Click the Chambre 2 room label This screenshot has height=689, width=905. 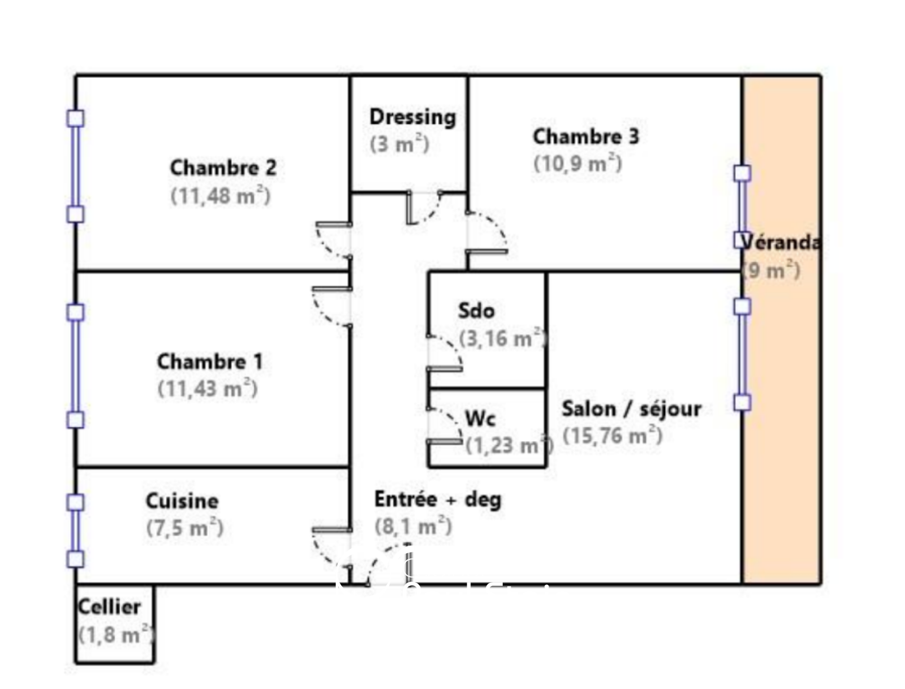(223, 168)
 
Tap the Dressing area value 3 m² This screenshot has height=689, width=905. (399, 144)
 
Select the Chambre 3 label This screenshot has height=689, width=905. (585, 136)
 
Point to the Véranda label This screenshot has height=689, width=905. (781, 243)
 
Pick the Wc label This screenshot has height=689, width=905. (480, 419)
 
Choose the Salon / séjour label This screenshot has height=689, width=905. (631, 408)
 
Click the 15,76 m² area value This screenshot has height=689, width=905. (612, 436)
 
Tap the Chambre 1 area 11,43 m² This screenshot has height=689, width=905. (208, 389)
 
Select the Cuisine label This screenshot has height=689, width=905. (182, 501)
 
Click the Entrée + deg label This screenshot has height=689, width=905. (437, 499)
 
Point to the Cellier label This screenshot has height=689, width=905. (109, 607)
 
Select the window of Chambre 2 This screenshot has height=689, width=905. (76, 166)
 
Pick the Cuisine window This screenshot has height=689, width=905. (76, 531)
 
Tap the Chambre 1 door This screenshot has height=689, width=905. (332, 306)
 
